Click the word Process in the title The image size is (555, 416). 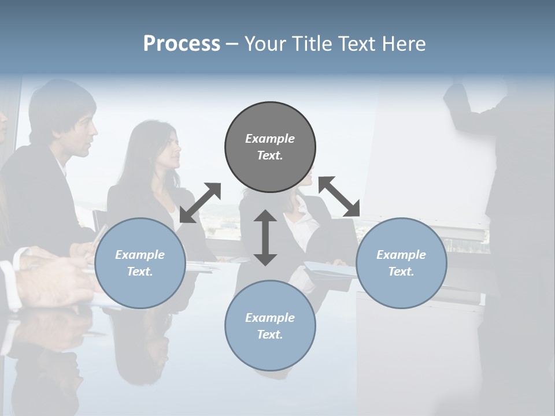click(182, 44)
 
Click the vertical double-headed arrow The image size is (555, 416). click(265, 237)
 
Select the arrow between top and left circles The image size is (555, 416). click(200, 203)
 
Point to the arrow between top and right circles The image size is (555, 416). click(339, 196)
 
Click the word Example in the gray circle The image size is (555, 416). click(270, 139)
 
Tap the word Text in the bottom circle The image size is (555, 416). click(269, 335)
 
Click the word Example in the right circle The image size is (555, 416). click(401, 255)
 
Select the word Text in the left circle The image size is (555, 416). click(139, 272)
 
